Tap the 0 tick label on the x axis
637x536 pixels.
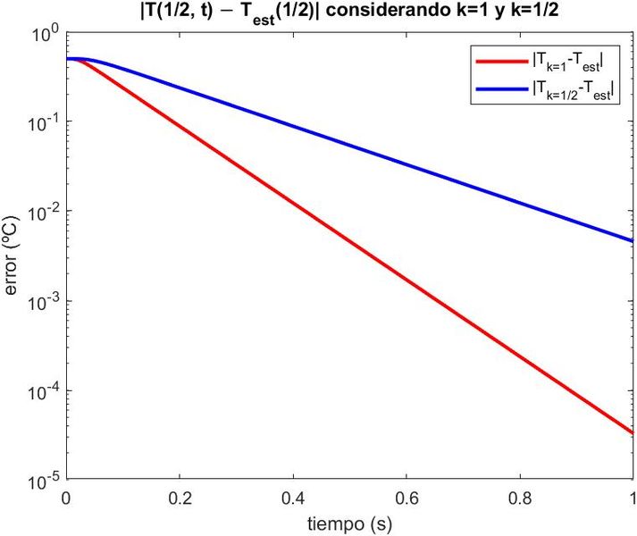pyautogui.click(x=66, y=498)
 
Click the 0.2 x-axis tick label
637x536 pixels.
pyautogui.click(x=179, y=498)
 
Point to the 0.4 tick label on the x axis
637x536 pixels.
pyautogui.click(x=292, y=498)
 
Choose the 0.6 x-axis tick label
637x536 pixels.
pyautogui.click(x=406, y=498)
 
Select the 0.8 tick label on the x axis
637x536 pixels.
pyautogui.click(x=519, y=498)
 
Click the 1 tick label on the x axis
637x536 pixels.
pyautogui.click(x=632, y=498)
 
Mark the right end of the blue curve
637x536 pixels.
pyautogui.click(x=632, y=241)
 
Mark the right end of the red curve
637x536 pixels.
pyautogui.click(x=632, y=433)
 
